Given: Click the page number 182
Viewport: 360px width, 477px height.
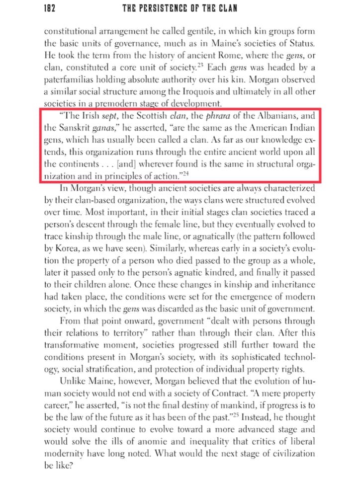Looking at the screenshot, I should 50,8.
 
